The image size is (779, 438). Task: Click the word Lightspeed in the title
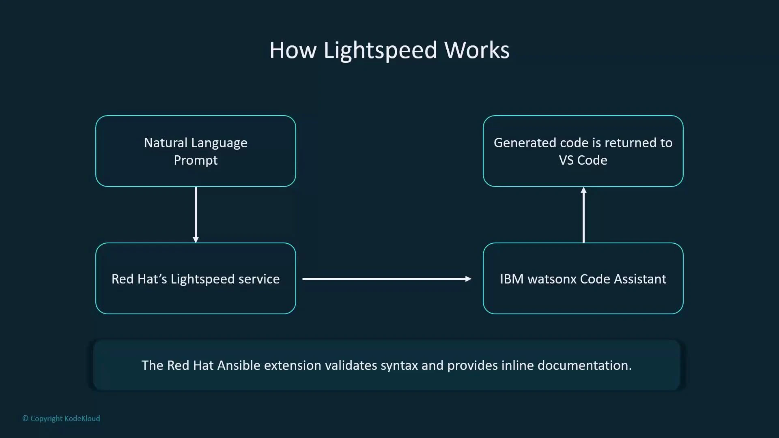(380, 50)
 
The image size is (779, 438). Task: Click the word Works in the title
(477, 50)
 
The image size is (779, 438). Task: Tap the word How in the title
(293, 50)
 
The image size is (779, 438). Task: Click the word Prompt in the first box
(196, 161)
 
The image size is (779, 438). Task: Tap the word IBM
(511, 279)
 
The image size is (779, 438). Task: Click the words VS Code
(583, 160)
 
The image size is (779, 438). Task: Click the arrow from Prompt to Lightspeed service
(196, 214)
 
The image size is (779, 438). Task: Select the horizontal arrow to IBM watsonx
(386, 279)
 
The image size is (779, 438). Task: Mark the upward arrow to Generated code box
(583, 215)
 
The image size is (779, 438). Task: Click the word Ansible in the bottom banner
(239, 365)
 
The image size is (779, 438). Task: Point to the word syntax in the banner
(399, 365)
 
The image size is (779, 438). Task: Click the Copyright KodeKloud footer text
(61, 419)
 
